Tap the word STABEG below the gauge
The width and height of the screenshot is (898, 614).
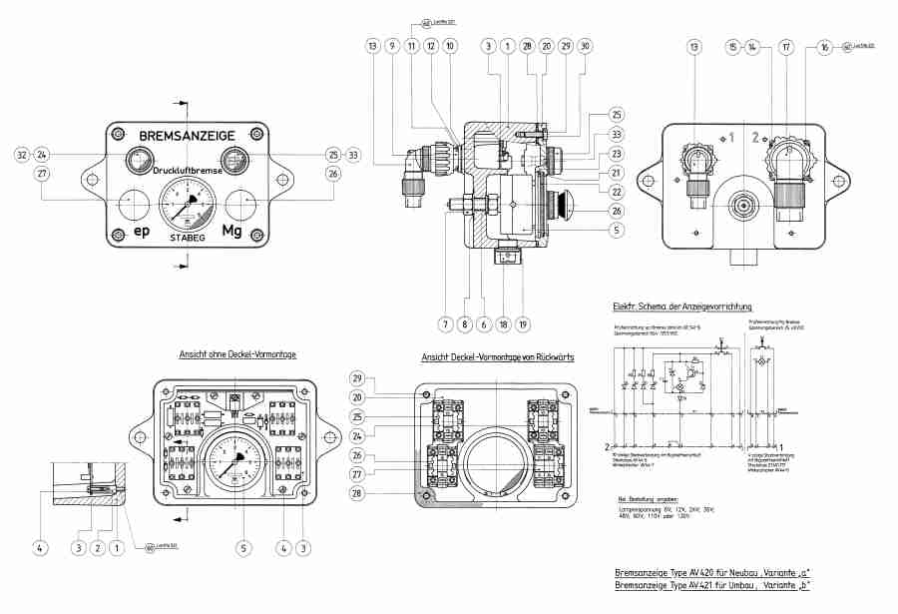pos(187,239)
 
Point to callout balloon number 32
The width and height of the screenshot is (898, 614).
pos(21,155)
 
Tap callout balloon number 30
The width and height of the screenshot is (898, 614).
pos(585,46)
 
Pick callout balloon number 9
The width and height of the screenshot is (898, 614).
pos(392,46)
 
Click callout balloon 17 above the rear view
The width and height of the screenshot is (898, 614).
pos(786,46)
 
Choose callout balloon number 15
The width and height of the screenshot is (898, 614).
pos(732,46)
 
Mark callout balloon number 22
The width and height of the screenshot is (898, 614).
pos(617,192)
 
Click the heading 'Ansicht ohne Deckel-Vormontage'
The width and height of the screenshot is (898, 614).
pos(236,354)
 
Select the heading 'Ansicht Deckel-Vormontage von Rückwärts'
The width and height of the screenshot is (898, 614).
pos(497,357)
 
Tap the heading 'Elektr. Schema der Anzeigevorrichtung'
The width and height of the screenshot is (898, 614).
pos(681,306)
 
